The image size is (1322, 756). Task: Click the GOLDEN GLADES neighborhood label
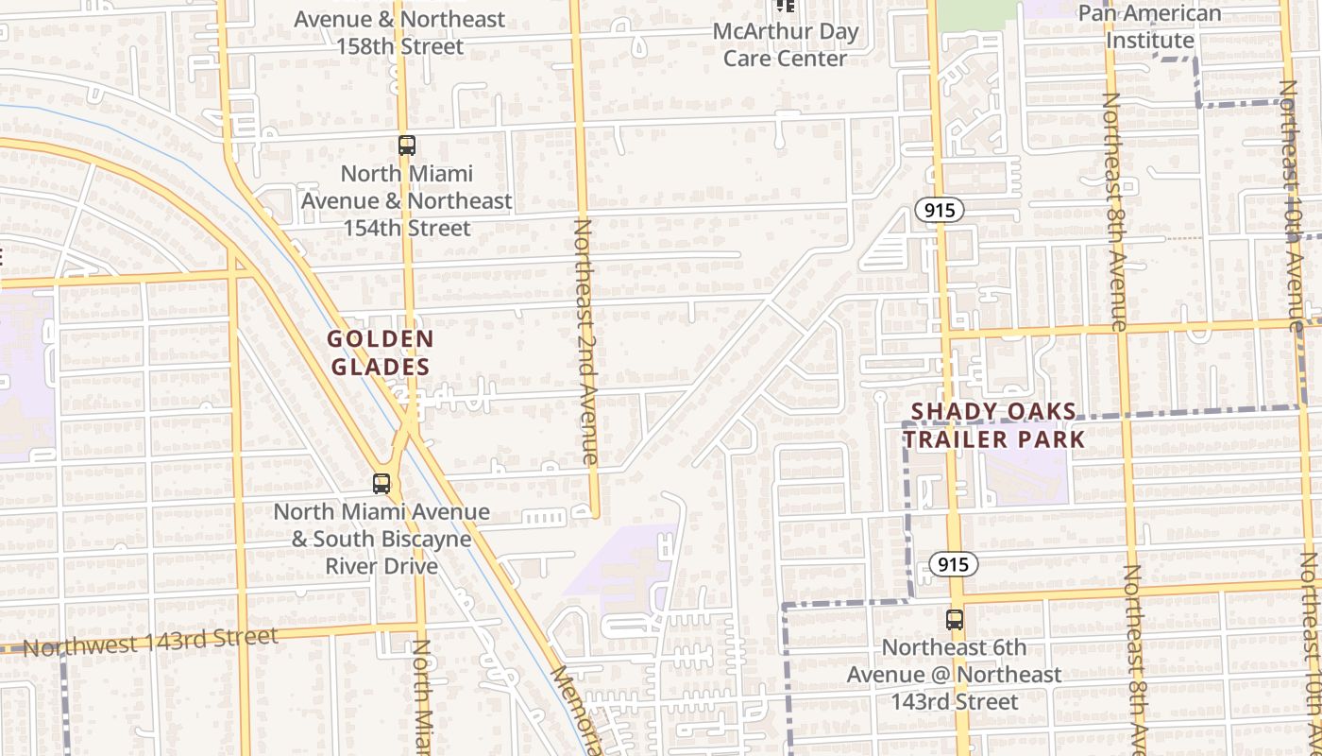pyautogui.click(x=381, y=352)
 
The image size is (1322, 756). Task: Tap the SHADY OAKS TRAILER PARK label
pyautogui.click(x=993, y=425)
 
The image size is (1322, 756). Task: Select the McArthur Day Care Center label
pyautogui.click(x=785, y=44)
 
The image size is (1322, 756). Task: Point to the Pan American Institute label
pyautogui.click(x=1149, y=26)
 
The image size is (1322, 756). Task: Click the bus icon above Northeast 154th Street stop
pyautogui.click(x=406, y=146)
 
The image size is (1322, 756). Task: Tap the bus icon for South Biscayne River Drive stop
pyautogui.click(x=381, y=484)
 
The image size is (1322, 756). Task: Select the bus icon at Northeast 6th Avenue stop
pyautogui.click(x=955, y=620)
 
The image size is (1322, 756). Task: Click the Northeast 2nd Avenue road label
pyautogui.click(x=585, y=341)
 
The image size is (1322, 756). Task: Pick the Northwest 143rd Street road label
pyautogui.click(x=150, y=642)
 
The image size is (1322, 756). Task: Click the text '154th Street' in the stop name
pyautogui.click(x=406, y=228)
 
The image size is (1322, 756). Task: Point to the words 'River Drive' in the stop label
pyautogui.click(x=381, y=566)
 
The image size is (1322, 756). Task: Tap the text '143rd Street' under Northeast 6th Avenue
pyautogui.click(x=955, y=701)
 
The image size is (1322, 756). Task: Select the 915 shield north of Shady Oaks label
pyautogui.click(x=939, y=211)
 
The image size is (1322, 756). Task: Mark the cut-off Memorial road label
pyautogui.click(x=576, y=710)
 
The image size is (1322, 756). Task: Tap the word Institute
pyautogui.click(x=1149, y=41)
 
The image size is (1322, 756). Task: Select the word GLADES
pyautogui.click(x=381, y=367)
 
